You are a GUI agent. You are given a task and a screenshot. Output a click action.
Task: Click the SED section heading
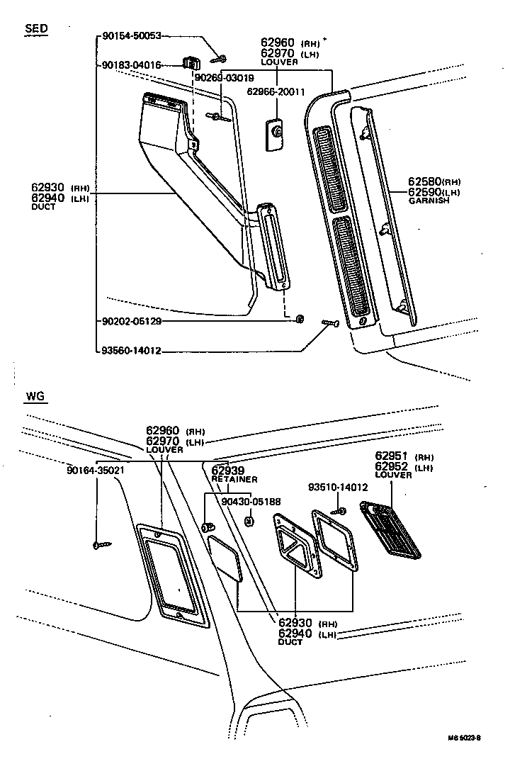[36, 29]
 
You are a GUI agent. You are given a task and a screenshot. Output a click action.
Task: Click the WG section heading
[35, 396]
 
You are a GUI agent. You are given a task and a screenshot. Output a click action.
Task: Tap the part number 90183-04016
[132, 65]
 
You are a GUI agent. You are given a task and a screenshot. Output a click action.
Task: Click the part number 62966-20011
[276, 91]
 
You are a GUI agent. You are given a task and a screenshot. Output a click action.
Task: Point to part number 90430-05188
[250, 500]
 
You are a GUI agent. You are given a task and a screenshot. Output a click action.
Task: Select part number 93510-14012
[338, 488]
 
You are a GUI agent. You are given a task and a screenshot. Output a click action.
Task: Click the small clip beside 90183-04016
[190, 62]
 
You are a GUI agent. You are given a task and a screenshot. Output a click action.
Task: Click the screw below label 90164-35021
[98, 544]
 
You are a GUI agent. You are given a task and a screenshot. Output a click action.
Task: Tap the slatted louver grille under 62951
[390, 529]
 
